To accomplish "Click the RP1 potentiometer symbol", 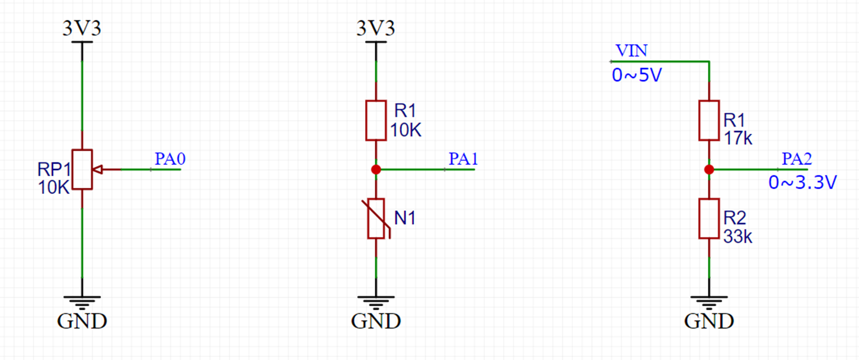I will (82, 170).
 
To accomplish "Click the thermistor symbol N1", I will (376, 219).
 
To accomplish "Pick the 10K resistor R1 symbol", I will (376, 120).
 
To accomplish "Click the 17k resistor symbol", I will (709, 120).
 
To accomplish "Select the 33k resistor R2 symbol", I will (709, 219).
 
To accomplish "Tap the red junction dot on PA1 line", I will (376, 170).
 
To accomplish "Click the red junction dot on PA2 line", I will (709, 170).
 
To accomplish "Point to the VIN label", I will (631, 51).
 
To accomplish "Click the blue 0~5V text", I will (637, 75).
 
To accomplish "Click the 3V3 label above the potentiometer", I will (82, 29).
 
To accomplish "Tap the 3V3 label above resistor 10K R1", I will (376, 29).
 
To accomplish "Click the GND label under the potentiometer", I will (82, 322).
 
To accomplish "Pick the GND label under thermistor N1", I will (376, 322).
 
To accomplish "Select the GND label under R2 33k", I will (709, 322).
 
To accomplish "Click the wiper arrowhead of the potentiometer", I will (98, 170).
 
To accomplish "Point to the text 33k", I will (738, 236).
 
